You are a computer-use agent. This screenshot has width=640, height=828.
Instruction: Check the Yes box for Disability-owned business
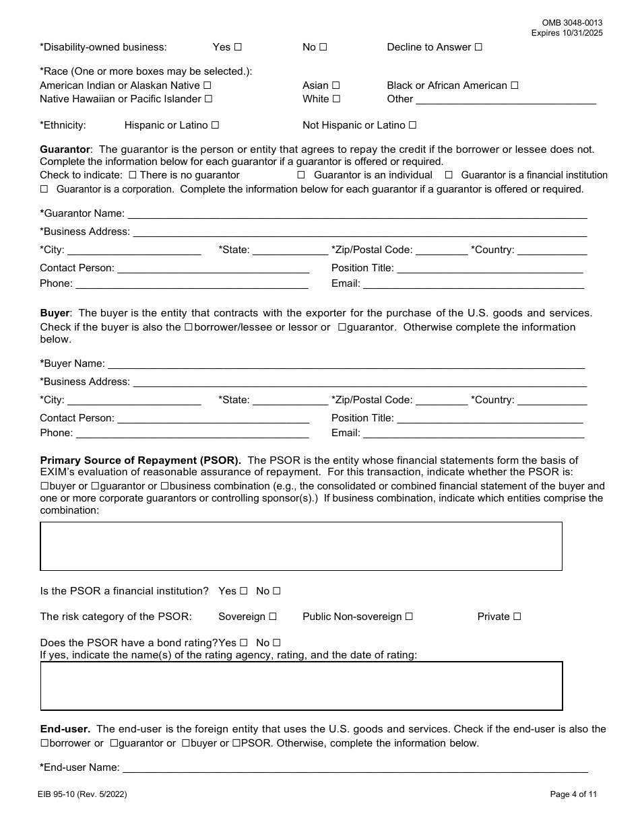click(x=237, y=48)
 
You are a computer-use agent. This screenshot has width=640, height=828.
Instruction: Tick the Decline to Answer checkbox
click(x=478, y=48)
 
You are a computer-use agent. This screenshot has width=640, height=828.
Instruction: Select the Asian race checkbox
click(x=335, y=86)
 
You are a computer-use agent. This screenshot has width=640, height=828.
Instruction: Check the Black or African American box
click(x=515, y=86)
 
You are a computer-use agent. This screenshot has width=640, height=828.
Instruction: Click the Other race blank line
click(x=505, y=100)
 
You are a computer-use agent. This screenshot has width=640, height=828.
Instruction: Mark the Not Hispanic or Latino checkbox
click(x=412, y=126)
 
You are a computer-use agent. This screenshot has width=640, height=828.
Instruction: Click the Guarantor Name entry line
click(x=357, y=214)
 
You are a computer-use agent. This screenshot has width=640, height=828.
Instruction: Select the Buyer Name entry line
click(x=346, y=364)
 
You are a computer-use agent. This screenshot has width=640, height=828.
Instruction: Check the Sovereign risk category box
click(x=273, y=617)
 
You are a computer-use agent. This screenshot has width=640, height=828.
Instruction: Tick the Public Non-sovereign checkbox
click(x=409, y=617)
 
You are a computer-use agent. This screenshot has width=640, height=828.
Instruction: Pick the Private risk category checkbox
click(x=517, y=617)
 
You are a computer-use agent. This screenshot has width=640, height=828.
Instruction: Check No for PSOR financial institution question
click(x=276, y=592)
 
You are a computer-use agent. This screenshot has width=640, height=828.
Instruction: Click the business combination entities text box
click(x=301, y=546)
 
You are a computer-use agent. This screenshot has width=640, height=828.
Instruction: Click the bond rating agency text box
click(x=301, y=686)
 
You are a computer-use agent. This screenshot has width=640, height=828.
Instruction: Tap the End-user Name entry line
click(x=354, y=768)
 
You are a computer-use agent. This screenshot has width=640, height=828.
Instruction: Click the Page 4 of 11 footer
click(x=573, y=794)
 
